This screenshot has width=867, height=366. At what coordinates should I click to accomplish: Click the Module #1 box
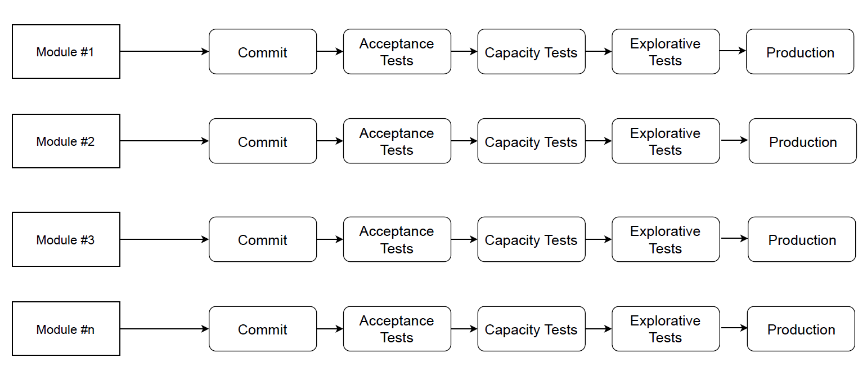[66, 51]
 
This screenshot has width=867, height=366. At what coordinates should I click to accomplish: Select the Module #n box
[66, 329]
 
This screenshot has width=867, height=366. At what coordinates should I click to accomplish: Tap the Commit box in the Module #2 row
[263, 141]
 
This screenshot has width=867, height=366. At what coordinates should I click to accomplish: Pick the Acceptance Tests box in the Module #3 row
[397, 239]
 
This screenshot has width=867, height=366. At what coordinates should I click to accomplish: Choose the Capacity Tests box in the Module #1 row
[531, 52]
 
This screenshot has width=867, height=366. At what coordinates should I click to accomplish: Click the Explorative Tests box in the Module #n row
[666, 329]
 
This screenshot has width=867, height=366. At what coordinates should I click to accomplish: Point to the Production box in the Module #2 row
[802, 141]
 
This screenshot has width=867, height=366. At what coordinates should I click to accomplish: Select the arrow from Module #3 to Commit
[164, 239]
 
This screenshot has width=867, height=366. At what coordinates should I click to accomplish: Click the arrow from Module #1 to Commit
[164, 51]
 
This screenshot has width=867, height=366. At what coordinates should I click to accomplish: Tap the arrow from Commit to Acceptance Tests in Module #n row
[330, 329]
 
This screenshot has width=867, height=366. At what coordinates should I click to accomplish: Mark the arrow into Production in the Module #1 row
[733, 51]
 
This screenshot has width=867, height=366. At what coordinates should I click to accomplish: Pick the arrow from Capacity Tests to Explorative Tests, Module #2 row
[598, 141]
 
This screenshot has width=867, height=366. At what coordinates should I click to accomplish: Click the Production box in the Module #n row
[801, 329]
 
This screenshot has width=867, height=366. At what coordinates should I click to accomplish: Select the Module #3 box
[66, 239]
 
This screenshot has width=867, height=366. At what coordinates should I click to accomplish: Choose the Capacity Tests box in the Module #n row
[531, 329]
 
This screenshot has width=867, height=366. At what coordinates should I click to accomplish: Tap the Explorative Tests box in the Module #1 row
[666, 52]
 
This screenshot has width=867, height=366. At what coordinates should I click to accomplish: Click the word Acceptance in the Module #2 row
[397, 133]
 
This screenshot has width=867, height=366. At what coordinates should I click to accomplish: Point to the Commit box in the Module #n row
[263, 329]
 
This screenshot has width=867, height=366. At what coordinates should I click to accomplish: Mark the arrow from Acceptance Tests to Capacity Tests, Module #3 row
[464, 239]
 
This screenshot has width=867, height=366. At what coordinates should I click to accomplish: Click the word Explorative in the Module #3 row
[665, 231]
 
